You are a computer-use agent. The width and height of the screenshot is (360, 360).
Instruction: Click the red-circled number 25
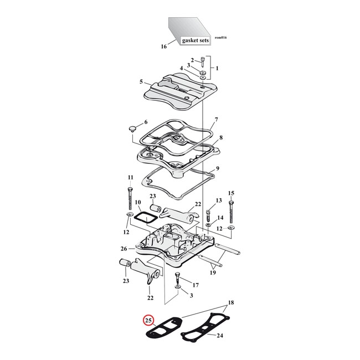147,320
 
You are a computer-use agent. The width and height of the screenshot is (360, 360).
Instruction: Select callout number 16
163,47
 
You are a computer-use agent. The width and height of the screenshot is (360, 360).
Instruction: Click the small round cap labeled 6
131,128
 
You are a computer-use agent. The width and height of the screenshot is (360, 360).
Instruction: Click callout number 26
124,249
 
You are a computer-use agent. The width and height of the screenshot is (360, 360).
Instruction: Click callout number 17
195,286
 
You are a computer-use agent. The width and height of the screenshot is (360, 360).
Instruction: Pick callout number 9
218,168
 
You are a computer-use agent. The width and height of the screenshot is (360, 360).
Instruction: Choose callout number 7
216,120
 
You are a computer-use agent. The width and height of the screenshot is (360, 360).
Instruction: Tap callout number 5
141,81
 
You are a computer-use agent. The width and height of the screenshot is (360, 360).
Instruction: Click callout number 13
218,200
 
